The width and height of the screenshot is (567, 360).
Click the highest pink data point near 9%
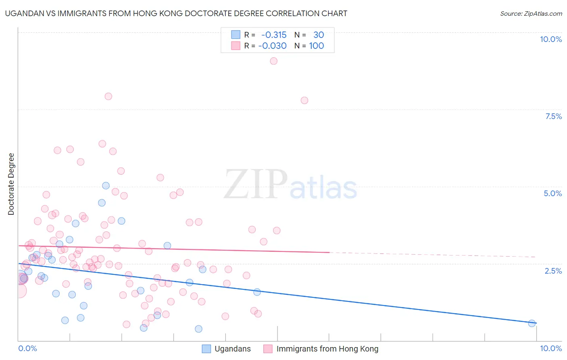click(273, 61)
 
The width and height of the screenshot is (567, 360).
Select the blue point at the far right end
click(532, 323)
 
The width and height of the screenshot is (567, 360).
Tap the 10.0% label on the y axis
click(550, 39)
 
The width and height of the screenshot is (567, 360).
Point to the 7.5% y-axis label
click(553, 116)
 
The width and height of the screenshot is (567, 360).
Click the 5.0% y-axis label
click(552, 193)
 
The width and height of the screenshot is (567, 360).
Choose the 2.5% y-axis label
click(553, 271)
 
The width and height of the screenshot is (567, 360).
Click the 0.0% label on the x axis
click(28, 348)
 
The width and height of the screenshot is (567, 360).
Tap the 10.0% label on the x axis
click(550, 348)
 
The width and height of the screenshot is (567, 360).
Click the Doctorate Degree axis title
click(11, 184)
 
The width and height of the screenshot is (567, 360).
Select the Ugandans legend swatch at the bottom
click(206, 349)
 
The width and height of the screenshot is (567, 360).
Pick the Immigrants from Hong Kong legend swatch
click(268, 349)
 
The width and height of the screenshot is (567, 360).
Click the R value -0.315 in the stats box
click(274, 35)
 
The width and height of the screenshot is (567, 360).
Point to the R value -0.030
click(272, 46)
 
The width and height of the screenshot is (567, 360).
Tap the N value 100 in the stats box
click(317, 46)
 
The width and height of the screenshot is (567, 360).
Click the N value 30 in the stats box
click(319, 35)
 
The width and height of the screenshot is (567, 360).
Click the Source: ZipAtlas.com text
click(531, 14)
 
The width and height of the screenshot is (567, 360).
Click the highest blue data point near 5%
click(106, 186)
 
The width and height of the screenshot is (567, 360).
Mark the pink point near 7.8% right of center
click(304, 100)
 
